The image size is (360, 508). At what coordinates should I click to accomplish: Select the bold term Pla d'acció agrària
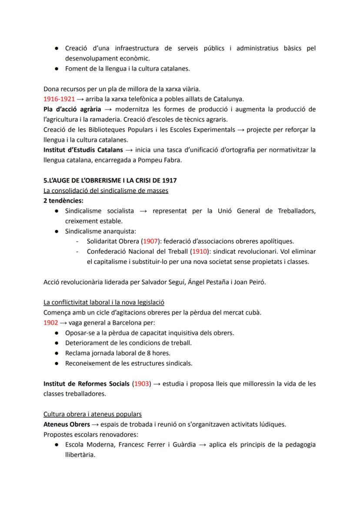click(x=72, y=109)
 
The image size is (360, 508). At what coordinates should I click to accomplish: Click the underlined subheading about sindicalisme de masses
click(x=106, y=190)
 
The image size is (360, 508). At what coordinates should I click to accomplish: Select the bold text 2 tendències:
click(x=63, y=201)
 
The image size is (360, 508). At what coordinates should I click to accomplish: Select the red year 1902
click(x=50, y=323)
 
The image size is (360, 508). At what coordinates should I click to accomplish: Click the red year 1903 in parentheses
click(x=142, y=384)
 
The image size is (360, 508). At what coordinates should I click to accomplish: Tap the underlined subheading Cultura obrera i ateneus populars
click(x=92, y=414)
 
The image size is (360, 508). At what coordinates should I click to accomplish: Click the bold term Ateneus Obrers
click(x=67, y=424)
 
